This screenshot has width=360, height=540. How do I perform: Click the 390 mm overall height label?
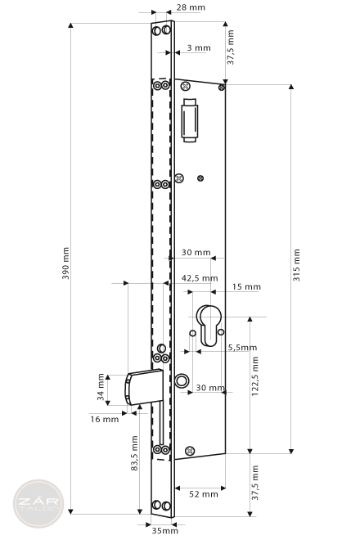tap(65, 263)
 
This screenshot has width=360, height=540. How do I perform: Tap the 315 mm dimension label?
tap(297, 265)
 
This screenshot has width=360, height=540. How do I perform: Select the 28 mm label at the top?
tap(191, 7)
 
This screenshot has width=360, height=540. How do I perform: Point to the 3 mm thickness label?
tap(199, 48)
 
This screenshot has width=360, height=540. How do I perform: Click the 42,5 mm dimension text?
tap(200, 278)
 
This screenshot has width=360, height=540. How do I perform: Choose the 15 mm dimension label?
tap(246, 286)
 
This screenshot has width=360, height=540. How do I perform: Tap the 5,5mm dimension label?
tap(242, 348)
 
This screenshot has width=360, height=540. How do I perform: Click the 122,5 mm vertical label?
tap(255, 376)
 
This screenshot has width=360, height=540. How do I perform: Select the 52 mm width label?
tap(204, 494)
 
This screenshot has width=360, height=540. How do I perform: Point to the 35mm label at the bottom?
tap(165, 530)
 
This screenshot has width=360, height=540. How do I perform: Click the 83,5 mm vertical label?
tap(135, 453)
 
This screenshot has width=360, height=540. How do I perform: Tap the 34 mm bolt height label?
tap(101, 387)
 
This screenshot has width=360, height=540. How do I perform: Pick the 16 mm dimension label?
tap(105, 419)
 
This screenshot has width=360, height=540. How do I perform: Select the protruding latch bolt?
tap(144, 387)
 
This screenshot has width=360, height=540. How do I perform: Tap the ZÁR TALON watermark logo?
tap(38, 503)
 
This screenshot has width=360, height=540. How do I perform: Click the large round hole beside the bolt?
tap(182, 380)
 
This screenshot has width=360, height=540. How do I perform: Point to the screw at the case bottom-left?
tap(190, 451)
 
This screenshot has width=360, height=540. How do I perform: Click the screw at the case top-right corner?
tap(222, 88)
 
